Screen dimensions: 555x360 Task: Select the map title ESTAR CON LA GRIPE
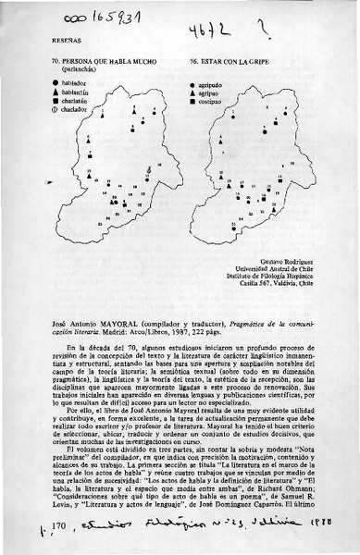click(x=228, y=59)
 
